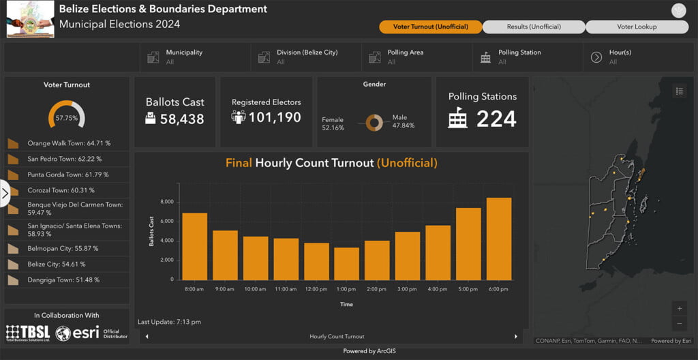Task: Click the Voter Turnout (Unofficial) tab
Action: [x=430, y=27]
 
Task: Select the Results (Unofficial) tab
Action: [x=534, y=27]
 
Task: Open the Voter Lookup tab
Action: [x=637, y=27]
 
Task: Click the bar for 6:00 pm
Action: [x=498, y=239]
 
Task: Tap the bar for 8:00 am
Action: [x=194, y=246]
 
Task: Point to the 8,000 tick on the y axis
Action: [x=167, y=202]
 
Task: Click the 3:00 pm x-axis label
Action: [x=407, y=289]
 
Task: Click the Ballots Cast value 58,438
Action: [x=182, y=119]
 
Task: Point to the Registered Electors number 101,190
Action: [x=275, y=118]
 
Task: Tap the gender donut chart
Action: [x=374, y=123]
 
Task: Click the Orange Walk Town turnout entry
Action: [x=67, y=144]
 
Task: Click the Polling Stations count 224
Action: [x=496, y=119]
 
